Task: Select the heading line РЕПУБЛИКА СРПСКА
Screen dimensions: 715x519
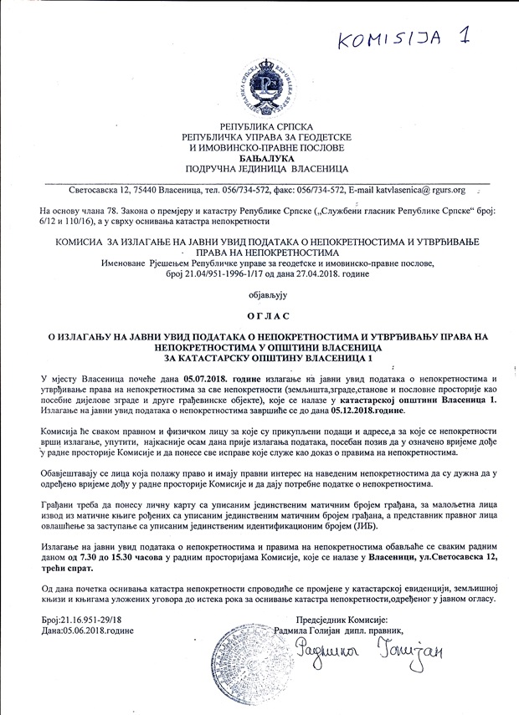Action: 259,125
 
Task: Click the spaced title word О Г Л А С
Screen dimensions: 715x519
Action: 259,316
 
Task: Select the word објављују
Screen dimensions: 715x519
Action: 259,295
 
